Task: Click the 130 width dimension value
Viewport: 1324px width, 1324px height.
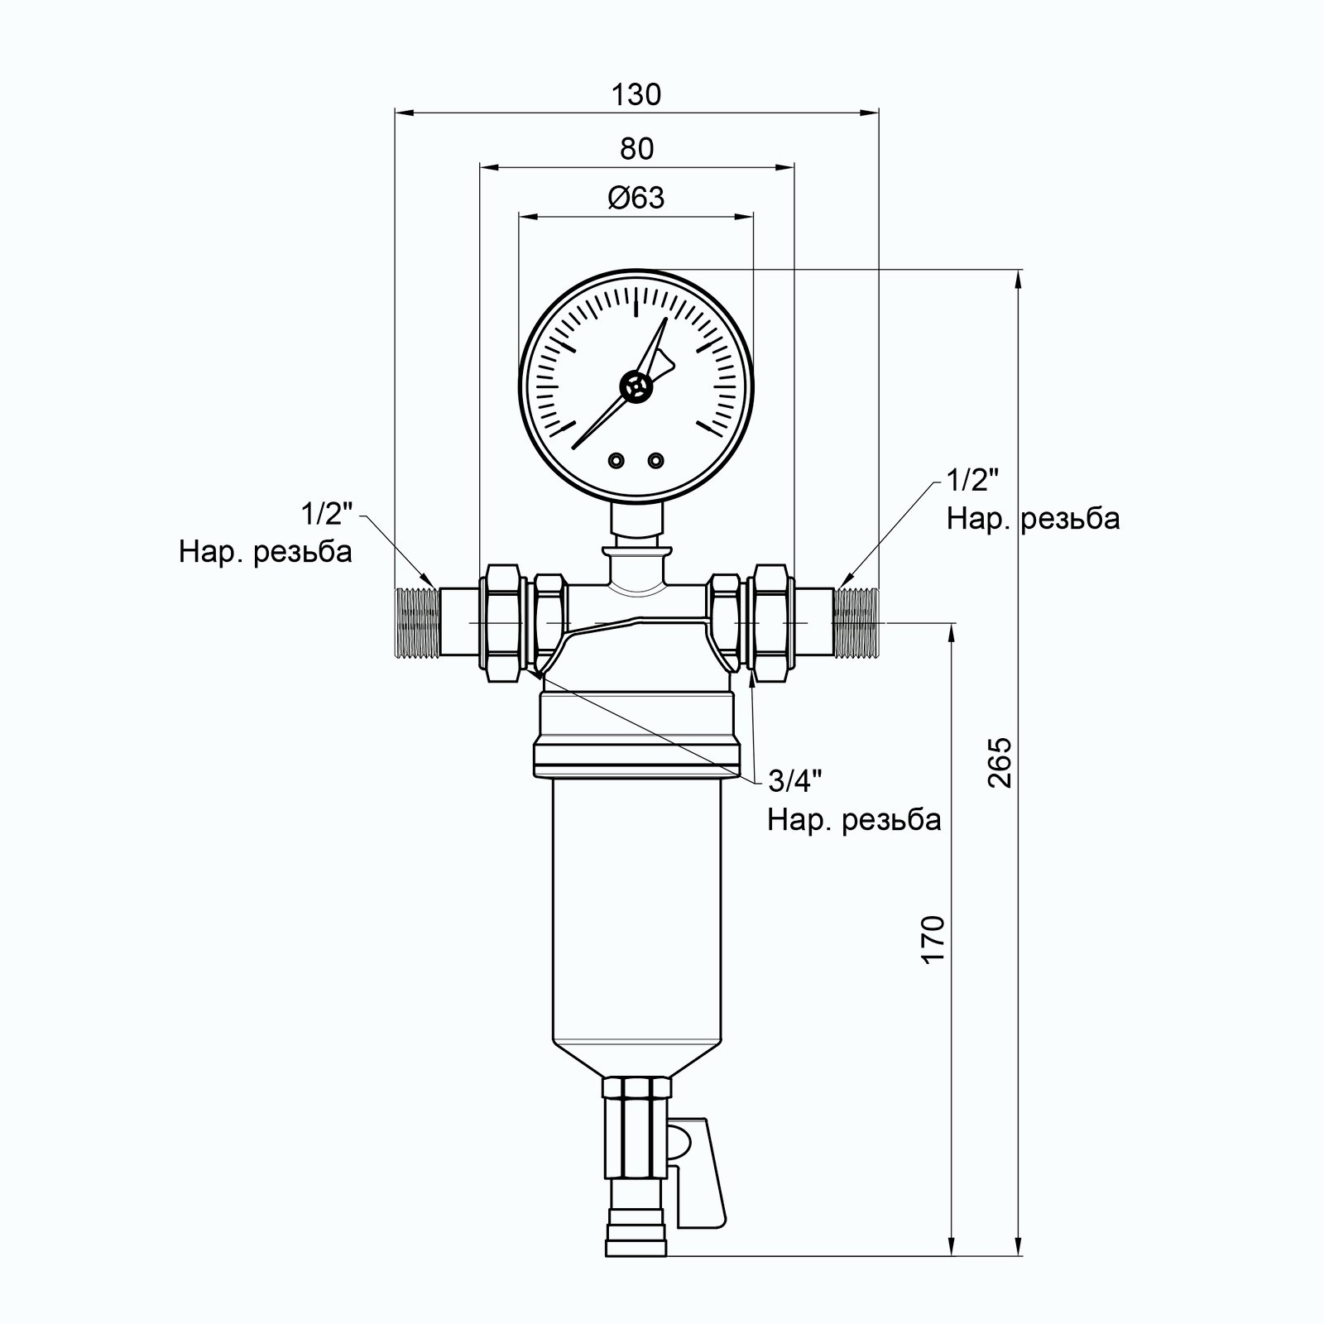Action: coord(636,95)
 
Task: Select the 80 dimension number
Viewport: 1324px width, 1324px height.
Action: coord(636,149)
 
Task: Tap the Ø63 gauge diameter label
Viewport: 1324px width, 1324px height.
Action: coord(636,199)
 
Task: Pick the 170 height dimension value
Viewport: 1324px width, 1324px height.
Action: coord(933,939)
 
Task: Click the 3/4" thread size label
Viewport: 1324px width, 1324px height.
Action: coord(795,780)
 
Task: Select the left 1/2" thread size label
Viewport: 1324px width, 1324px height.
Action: coord(327,514)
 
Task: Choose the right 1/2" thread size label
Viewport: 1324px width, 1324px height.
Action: coord(973,480)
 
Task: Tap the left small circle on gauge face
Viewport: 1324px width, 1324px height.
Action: coord(616,460)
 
